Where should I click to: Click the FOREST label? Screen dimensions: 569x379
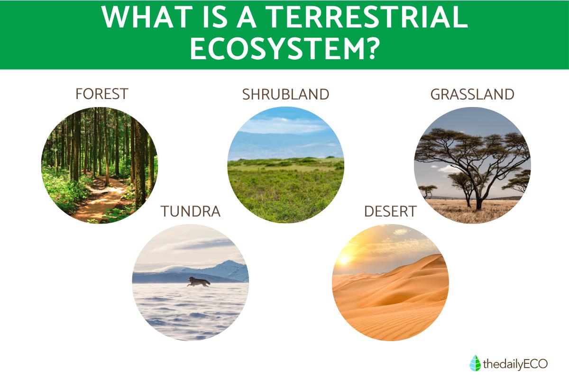click(x=102, y=94)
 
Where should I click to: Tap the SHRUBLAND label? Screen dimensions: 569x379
click(x=286, y=94)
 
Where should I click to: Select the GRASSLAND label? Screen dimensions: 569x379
click(x=472, y=94)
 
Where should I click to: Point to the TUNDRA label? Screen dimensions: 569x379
click(x=191, y=211)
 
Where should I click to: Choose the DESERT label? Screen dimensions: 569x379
click(x=390, y=211)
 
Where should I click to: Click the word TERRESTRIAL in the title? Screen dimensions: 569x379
click(x=367, y=17)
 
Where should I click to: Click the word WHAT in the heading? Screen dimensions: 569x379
click(x=147, y=17)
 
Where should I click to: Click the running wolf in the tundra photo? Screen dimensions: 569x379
click(x=199, y=282)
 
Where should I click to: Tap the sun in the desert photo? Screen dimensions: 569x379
click(x=345, y=260)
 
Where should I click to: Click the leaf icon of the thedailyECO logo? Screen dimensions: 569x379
click(x=475, y=363)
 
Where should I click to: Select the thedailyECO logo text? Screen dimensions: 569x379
click(x=515, y=364)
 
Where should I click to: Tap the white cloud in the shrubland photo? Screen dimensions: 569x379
click(x=282, y=126)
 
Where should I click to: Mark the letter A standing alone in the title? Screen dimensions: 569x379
click(x=247, y=17)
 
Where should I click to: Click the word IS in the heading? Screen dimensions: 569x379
click(x=215, y=17)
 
